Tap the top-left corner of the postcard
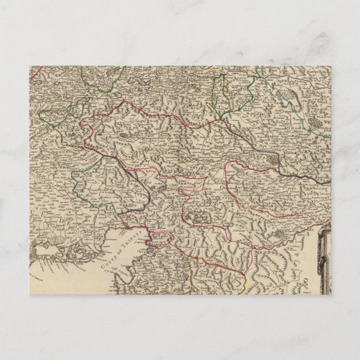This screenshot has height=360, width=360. (31, 66)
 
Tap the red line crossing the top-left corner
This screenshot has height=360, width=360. (37, 69)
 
